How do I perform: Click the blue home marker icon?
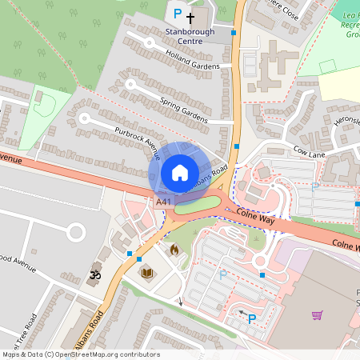point(179,172)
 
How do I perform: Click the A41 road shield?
point(163,202)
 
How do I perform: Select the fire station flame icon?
point(174,249)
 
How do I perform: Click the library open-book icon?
point(147,273)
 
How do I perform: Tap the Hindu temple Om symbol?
point(94,274)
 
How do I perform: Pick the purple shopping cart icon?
point(318,315)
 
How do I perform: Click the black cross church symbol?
point(190,16)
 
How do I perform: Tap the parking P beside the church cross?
point(178,14)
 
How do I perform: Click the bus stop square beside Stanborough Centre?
point(234,34)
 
